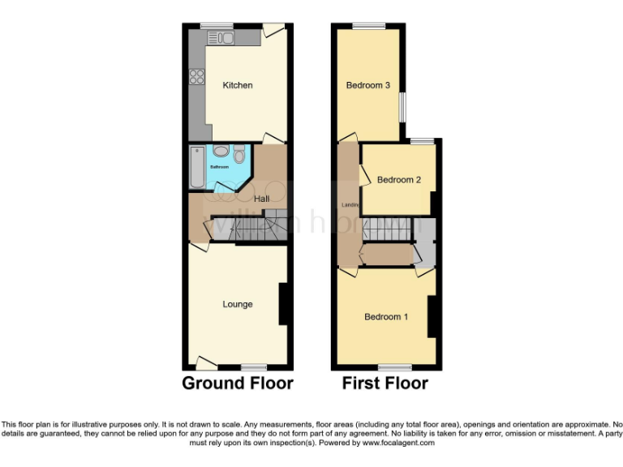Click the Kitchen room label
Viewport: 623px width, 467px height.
(x=238, y=85)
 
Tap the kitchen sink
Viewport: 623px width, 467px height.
(x=220, y=38)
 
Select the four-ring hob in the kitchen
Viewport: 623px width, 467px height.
(x=196, y=77)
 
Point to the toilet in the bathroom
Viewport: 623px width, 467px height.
(x=238, y=154)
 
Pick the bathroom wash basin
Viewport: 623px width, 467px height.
(x=220, y=152)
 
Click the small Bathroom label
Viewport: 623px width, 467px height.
(x=220, y=167)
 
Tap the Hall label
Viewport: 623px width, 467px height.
(x=262, y=199)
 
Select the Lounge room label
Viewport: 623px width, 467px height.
(x=238, y=305)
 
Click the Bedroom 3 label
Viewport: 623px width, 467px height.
(x=368, y=85)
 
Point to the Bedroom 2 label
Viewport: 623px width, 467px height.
(x=399, y=180)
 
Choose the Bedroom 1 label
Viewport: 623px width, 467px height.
(x=386, y=317)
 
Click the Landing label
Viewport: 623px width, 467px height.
(x=350, y=204)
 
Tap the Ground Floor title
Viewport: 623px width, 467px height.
(x=238, y=383)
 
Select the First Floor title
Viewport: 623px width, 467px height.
(x=385, y=383)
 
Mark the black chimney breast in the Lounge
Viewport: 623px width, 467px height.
(x=285, y=304)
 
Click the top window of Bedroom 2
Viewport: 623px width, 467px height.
(x=422, y=142)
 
